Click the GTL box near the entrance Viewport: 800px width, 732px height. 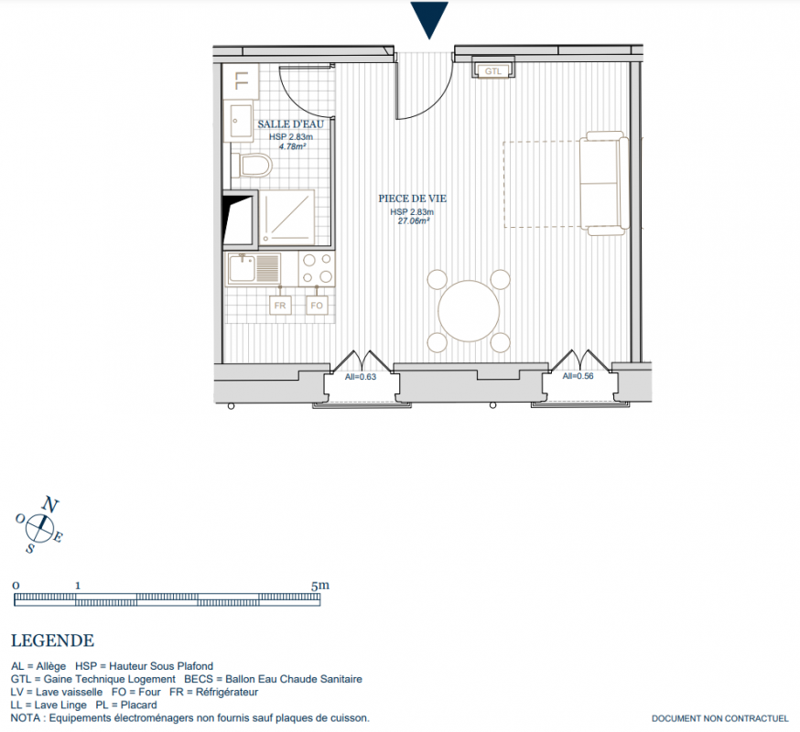pos(492,68)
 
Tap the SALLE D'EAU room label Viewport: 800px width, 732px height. pos(290,124)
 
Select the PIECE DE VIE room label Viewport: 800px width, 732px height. pos(412,199)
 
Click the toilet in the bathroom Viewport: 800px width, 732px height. pos(252,166)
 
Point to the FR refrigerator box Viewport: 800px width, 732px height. pos(280,305)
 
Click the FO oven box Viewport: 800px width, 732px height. pos(317,305)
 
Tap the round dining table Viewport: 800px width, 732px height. pos(469,311)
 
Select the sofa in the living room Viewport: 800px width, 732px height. pos(603,184)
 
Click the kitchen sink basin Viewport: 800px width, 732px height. pos(242,268)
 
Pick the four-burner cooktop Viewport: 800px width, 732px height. pos(317,268)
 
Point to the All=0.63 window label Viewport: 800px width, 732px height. pos(361,377)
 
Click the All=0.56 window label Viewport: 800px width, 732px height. pos(578,376)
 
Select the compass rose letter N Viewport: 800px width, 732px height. pos(50,504)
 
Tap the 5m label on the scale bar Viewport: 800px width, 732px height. pos(319,585)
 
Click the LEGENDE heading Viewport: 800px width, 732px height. pos(52,640)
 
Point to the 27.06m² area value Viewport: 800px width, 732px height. pos(413,221)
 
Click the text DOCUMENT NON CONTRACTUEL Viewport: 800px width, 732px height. pos(719,719)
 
